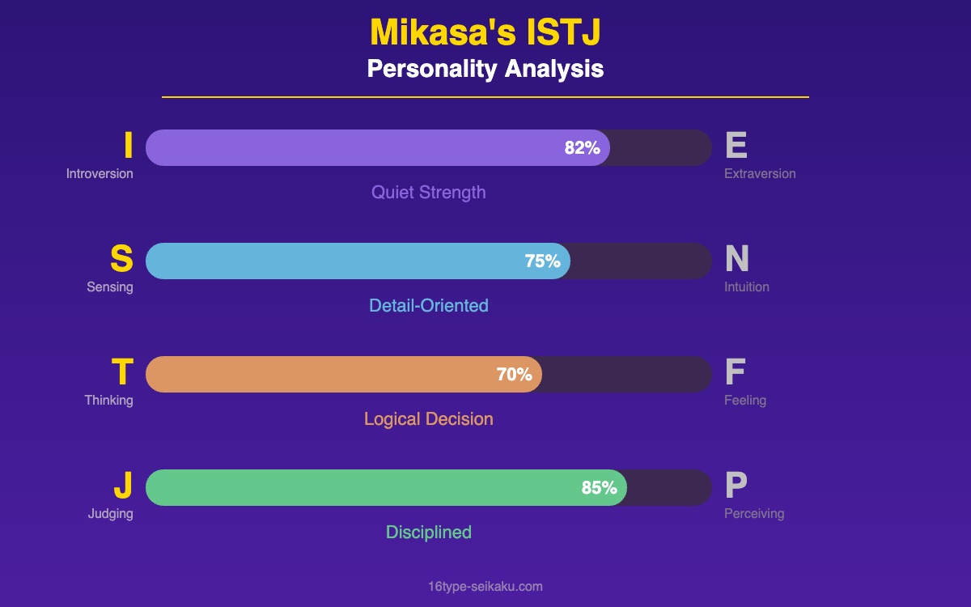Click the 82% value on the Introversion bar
(582, 148)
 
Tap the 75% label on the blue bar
(542, 261)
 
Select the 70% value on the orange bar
(514, 375)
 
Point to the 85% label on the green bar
(599, 488)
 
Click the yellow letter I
(128, 146)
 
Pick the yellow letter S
(121, 259)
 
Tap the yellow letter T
(122, 372)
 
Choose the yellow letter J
(123, 486)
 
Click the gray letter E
(736, 146)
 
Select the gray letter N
(737, 259)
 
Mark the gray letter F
(735, 372)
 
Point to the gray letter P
(736, 486)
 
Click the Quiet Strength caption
(429, 193)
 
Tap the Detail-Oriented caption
(429, 306)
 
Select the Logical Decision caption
(429, 419)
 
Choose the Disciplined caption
(429, 533)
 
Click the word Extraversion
(760, 174)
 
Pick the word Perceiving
(754, 514)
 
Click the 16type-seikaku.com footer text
(485, 587)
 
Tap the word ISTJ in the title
(563, 33)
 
